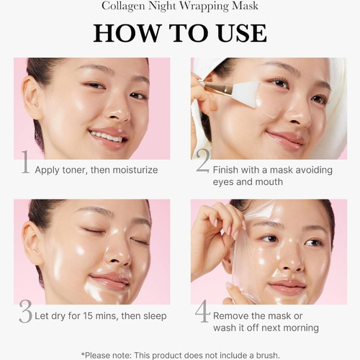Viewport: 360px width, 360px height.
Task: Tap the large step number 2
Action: coord(203,161)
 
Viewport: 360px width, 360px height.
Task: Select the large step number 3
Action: coord(26,311)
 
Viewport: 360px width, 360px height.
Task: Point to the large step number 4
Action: coord(202,311)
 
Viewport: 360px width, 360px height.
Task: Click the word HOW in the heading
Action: coord(127,33)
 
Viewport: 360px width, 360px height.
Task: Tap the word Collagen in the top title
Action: coord(123,6)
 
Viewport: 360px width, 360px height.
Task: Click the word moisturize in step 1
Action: coord(135,170)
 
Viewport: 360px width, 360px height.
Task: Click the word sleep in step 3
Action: coord(155,316)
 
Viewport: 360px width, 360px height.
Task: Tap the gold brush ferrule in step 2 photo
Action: coord(218,87)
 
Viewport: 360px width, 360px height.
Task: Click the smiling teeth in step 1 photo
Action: coord(107,136)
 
